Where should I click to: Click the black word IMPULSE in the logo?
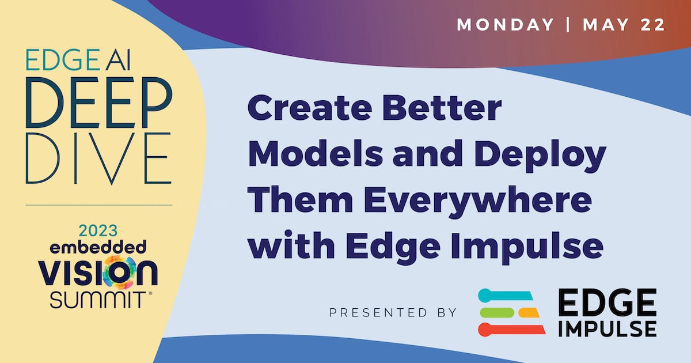pyautogui.click(x=608, y=330)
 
